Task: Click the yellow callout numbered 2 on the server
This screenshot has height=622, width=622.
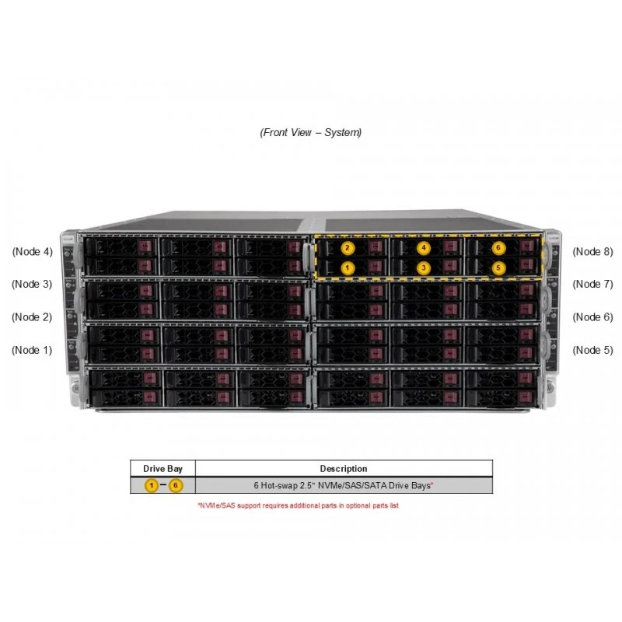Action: (348, 248)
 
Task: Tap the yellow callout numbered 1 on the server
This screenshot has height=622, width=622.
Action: (348, 268)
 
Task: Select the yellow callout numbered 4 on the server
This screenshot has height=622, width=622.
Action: (423, 248)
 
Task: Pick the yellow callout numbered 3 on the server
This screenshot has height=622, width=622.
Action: (423, 268)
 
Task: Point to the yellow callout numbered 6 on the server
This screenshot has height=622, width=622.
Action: (498, 248)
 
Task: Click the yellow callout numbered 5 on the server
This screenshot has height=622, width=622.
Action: (498, 268)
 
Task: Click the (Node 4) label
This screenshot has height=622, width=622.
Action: (32, 251)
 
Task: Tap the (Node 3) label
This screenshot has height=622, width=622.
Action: (32, 284)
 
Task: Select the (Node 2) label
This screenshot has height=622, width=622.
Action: (32, 317)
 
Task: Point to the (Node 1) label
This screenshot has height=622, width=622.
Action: (32, 350)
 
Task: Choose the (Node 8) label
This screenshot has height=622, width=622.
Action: (592, 251)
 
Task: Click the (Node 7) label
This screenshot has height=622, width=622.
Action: (592, 284)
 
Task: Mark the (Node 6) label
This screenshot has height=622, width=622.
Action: (592, 317)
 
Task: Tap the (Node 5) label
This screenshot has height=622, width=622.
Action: (592, 350)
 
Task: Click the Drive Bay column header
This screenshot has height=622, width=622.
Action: (162, 469)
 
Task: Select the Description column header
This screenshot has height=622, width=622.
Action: (344, 469)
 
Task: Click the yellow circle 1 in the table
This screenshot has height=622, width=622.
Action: (151, 485)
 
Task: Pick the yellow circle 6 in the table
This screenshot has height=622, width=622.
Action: (176, 485)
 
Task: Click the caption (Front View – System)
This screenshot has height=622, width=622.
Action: (310, 132)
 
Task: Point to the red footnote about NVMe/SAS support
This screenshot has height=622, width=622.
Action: (299, 505)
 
